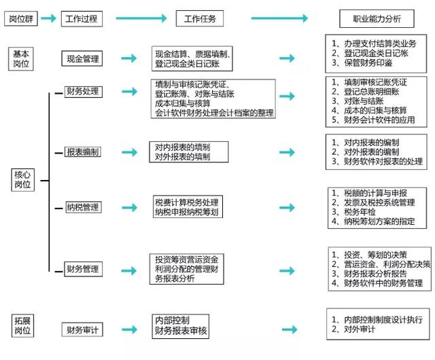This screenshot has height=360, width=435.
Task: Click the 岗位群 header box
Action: [20, 19]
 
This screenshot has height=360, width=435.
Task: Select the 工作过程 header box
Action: [82, 19]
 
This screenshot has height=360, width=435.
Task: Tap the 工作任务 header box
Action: [200, 19]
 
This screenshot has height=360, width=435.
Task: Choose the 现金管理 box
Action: [82, 59]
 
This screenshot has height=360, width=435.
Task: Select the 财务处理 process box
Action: [82, 92]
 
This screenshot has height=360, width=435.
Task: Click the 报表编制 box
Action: [82, 151]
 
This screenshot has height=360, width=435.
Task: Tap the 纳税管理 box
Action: [82, 206]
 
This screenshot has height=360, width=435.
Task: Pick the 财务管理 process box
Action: [82, 270]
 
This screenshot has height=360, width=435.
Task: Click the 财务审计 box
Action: [82, 331]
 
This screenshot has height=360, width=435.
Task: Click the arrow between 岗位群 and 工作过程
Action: [48, 19]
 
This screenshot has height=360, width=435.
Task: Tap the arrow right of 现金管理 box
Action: [128, 59]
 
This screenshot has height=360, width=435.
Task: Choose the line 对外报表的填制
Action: [182, 157]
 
